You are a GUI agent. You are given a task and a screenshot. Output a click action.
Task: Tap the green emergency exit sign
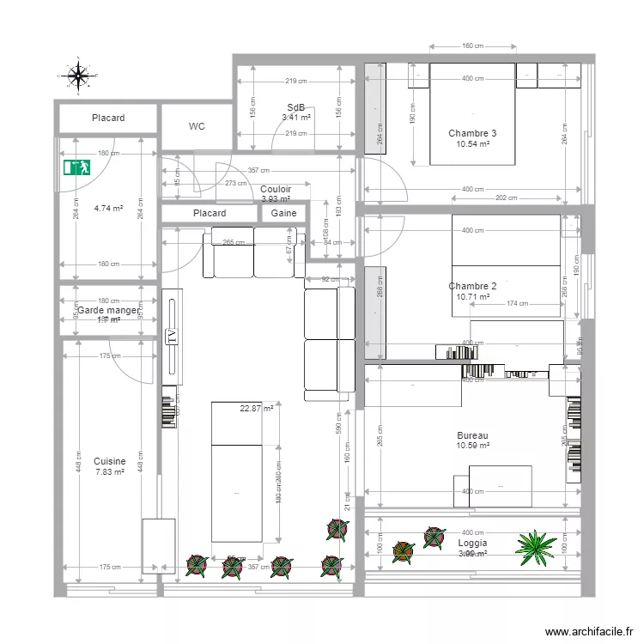(76, 167)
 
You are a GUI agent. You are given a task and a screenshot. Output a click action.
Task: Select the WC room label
(197, 126)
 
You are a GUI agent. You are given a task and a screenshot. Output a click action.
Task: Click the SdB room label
(296, 108)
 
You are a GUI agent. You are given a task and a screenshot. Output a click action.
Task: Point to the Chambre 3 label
(472, 133)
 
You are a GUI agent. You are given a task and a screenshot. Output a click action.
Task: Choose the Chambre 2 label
(472, 286)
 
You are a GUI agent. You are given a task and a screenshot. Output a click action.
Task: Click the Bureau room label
(472, 436)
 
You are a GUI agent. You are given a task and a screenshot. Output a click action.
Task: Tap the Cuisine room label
(109, 461)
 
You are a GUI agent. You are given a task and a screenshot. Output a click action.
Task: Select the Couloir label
(276, 189)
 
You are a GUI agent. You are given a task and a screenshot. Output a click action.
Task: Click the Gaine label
(283, 213)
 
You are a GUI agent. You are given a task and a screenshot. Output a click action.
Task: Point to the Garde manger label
(108, 310)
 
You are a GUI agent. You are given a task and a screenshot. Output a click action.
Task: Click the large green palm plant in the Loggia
(537, 544)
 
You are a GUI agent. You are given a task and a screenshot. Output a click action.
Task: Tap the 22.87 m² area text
(257, 409)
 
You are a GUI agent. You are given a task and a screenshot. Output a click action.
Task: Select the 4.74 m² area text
(109, 208)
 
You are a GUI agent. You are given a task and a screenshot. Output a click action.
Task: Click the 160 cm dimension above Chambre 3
(472, 46)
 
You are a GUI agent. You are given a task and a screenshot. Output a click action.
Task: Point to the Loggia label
(472, 544)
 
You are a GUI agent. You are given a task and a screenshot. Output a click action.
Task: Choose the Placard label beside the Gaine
(210, 213)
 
